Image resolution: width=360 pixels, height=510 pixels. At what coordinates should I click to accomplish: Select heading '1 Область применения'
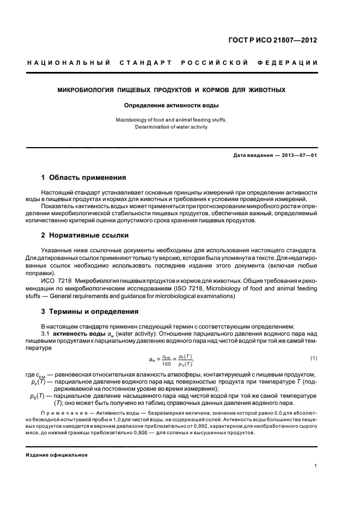(x=84, y=178)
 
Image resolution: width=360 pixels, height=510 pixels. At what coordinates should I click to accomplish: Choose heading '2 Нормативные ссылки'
(x=85, y=235)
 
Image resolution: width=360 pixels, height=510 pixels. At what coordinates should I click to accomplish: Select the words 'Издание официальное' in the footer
(x=57, y=454)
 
